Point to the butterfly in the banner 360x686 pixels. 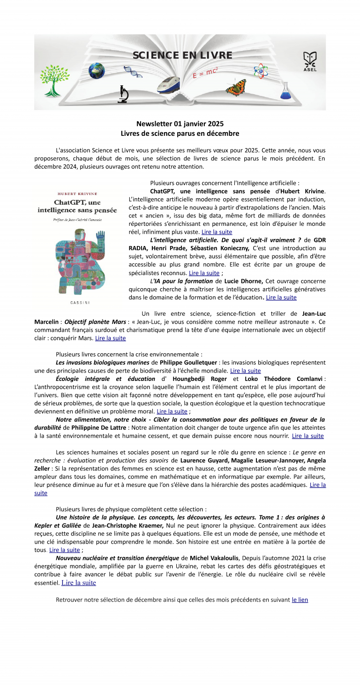coord(236,87)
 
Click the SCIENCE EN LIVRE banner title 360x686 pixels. coord(182,55)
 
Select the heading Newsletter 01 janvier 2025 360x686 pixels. coord(180,124)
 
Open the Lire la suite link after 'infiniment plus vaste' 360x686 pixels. coord(217,231)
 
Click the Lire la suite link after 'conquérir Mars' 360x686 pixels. coord(110,338)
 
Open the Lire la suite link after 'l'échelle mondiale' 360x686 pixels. coord(245,371)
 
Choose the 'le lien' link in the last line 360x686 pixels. coord(300,599)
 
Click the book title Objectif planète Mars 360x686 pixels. coord(95,322)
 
